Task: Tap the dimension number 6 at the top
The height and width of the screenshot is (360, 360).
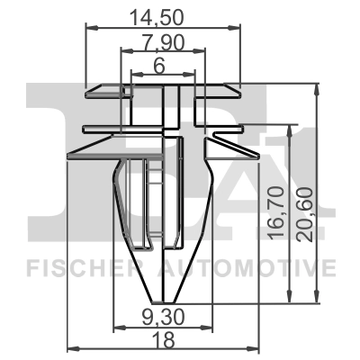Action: tap(158, 67)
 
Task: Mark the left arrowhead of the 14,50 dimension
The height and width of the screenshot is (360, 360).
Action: tap(89, 30)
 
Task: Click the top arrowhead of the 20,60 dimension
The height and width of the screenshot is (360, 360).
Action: tap(318, 89)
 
